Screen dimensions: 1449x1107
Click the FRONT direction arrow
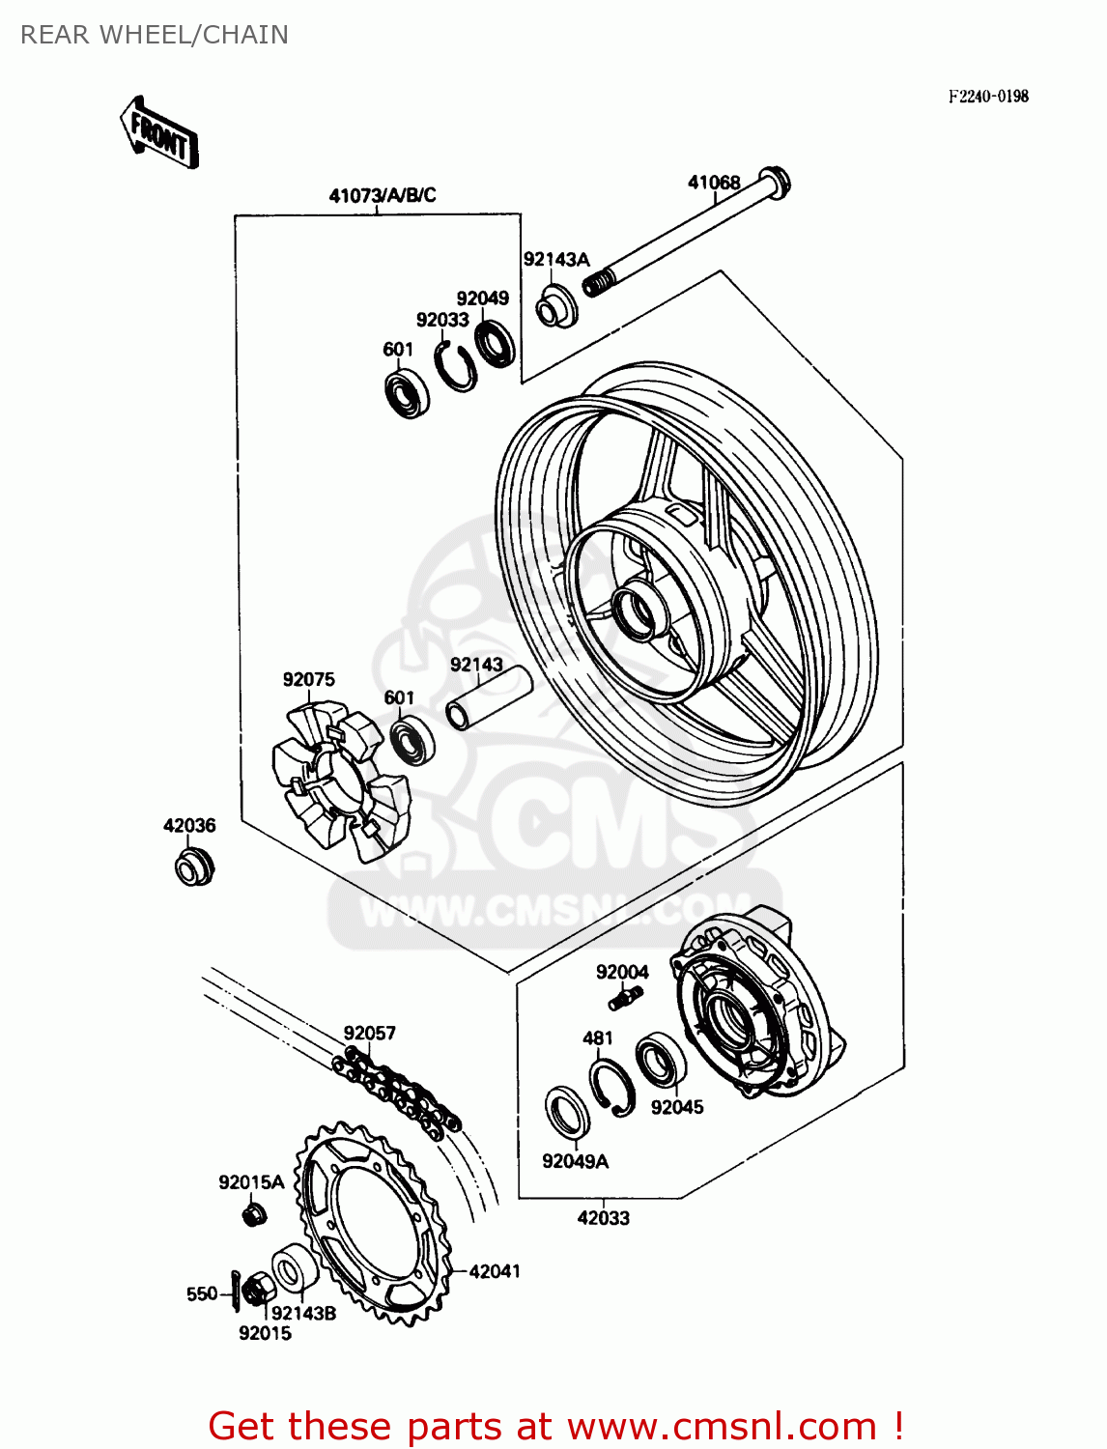(159, 135)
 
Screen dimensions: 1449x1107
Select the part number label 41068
(714, 183)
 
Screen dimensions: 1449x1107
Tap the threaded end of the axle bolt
(598, 282)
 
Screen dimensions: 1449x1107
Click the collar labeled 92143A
(556, 305)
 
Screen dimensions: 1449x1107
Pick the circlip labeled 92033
(454, 367)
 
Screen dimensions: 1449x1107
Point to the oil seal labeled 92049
(495, 344)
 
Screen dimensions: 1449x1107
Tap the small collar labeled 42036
(193, 867)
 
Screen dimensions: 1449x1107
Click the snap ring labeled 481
(611, 1087)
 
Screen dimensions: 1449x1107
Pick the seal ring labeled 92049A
(567, 1112)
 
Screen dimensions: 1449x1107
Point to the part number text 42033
(603, 1218)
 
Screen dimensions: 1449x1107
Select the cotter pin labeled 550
(237, 1293)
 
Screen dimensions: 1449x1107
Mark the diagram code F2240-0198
(987, 96)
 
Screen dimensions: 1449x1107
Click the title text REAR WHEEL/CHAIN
(155, 35)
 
